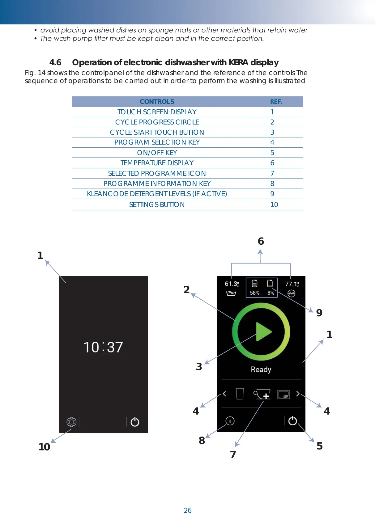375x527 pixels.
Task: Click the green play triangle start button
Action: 263,332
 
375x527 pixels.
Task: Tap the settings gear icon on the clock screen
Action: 71,422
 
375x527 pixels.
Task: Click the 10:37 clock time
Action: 103,347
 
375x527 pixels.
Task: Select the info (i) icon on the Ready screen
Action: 230,421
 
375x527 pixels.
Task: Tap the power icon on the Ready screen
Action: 292,421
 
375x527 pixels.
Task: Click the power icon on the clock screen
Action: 135,422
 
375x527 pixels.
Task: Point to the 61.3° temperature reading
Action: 232,284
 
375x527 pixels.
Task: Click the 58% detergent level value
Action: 254,293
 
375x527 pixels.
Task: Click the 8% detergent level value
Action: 271,293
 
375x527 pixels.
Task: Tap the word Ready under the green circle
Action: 261,370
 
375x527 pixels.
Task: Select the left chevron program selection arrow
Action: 224,394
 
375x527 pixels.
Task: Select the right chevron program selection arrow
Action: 298,394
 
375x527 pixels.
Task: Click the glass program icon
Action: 240,394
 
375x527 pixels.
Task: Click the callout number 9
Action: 319,313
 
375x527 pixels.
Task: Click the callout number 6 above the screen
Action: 261,241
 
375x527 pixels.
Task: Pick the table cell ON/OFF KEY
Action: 157,153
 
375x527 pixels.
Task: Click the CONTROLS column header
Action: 157,102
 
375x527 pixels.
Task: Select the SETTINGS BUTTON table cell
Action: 157,205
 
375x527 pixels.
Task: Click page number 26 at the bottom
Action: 188,510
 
